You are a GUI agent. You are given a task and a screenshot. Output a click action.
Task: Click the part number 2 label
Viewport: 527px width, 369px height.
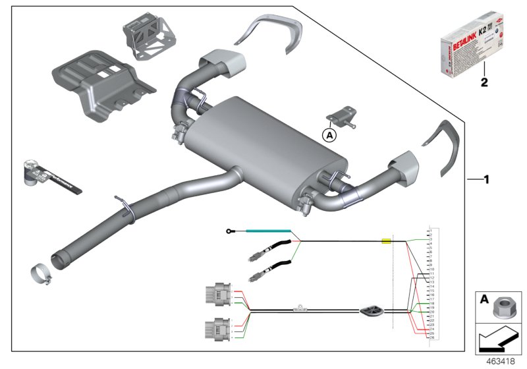pyautogui.click(x=485, y=84)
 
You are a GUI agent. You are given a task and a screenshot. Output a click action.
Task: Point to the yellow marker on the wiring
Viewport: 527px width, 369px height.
pyautogui.click(x=387, y=242)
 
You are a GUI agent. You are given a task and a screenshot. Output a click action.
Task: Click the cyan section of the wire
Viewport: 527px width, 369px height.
pyautogui.click(x=269, y=231)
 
